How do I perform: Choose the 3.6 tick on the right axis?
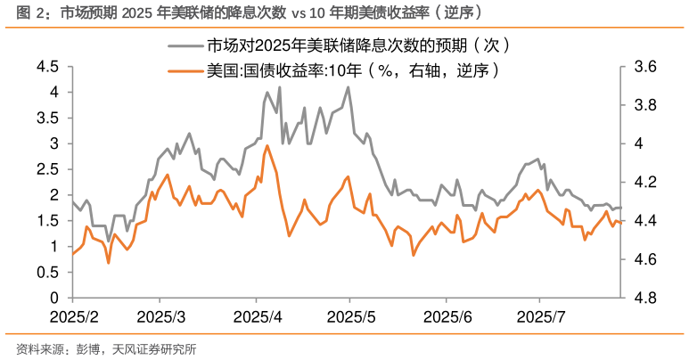pos(644,67)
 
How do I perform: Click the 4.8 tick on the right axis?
pos(644,298)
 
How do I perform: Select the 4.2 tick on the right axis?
pos(644,183)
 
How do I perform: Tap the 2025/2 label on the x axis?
pos(73,317)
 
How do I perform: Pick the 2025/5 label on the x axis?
pos(350,317)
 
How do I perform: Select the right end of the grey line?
pos(621,208)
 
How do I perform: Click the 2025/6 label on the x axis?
pos(446,317)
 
